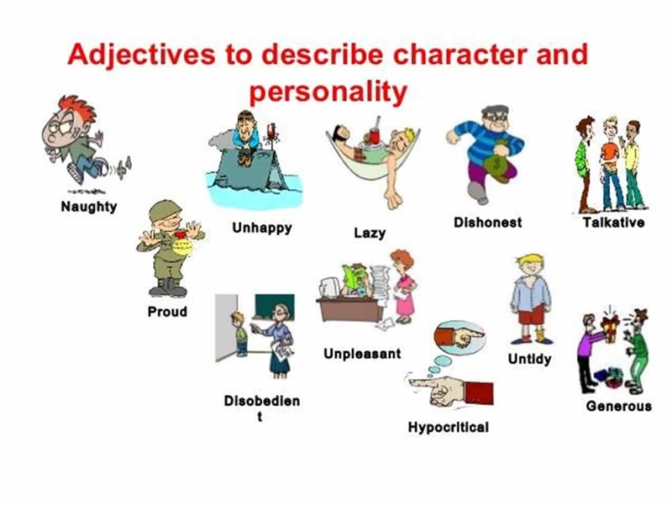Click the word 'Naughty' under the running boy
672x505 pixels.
pyautogui.click(x=89, y=207)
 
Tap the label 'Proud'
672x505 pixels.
pyautogui.click(x=167, y=312)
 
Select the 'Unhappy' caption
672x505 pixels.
pyautogui.click(x=262, y=228)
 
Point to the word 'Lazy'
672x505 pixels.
pyautogui.click(x=370, y=234)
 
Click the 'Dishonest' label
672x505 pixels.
pyautogui.click(x=488, y=223)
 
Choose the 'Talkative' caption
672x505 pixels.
pyautogui.click(x=613, y=223)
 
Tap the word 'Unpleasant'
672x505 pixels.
pyautogui.click(x=362, y=354)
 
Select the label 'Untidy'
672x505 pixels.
pyautogui.click(x=529, y=359)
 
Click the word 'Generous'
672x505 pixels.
pyautogui.click(x=618, y=406)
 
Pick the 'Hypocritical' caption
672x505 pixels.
pyautogui.click(x=449, y=428)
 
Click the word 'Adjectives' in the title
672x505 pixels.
pyautogui.click(x=141, y=55)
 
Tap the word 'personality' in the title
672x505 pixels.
pyautogui.click(x=328, y=92)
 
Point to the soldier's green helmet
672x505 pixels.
pyautogui.click(x=165, y=210)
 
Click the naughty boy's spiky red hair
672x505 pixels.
pyautogui.click(x=77, y=108)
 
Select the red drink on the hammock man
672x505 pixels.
pyautogui.click(x=375, y=135)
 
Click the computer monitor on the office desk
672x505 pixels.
pyautogui.click(x=330, y=287)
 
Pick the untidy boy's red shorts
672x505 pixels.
pyautogui.click(x=532, y=314)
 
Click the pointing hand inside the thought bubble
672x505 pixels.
pyautogui.click(x=459, y=336)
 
